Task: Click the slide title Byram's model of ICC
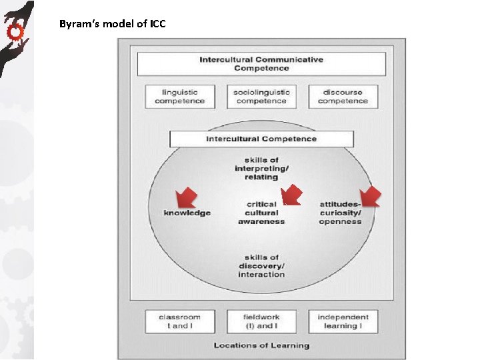click(x=112, y=25)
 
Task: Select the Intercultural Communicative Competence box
click(x=261, y=64)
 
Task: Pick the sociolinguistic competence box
click(x=261, y=97)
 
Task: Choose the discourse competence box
click(x=343, y=97)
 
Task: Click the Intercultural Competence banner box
click(x=261, y=139)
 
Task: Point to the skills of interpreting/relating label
click(x=261, y=169)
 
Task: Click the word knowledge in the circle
click(x=187, y=213)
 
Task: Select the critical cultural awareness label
click(x=261, y=213)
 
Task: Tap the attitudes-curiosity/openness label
click(x=340, y=213)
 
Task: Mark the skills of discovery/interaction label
click(x=261, y=266)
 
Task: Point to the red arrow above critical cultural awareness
click(x=291, y=195)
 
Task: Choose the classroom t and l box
click(x=179, y=321)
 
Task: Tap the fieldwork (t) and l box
click(x=261, y=321)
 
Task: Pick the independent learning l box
click(x=343, y=321)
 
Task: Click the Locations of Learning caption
click(x=261, y=345)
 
